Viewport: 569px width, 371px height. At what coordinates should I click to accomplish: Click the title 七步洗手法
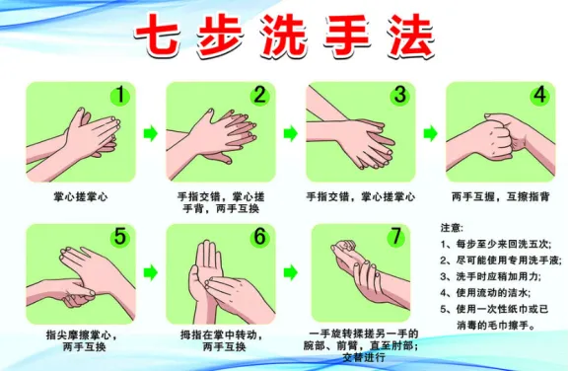tap(284, 37)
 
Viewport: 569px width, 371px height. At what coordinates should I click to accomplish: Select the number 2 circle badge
tap(259, 96)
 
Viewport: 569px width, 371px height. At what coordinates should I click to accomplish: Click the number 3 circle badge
tap(399, 96)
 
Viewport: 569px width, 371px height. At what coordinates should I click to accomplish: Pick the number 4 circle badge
tap(539, 96)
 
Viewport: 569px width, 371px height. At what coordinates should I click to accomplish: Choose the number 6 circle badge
tap(259, 238)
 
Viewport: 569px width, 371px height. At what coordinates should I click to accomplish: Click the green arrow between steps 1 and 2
tap(151, 132)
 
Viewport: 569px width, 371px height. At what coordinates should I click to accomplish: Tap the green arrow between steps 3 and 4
tap(431, 132)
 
